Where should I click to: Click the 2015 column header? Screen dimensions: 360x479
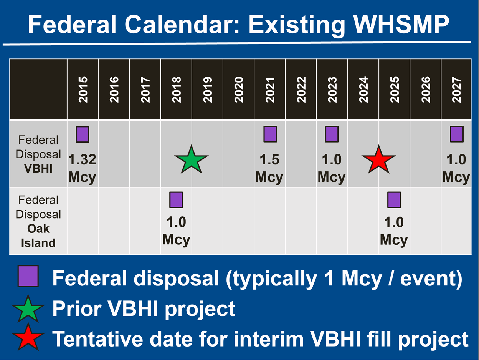pyautogui.click(x=83, y=90)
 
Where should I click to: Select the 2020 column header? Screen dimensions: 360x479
pyautogui.click(x=239, y=90)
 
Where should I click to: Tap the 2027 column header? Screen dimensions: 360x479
pyautogui.click(x=456, y=90)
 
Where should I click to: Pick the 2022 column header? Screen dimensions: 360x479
pyautogui.click(x=301, y=90)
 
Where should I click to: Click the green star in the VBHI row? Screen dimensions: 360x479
pyautogui.click(x=191, y=159)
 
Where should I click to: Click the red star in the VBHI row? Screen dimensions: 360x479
pyautogui.click(x=378, y=160)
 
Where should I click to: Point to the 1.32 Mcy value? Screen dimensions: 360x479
pyautogui.click(x=82, y=168)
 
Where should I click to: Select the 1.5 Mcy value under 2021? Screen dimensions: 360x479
pyautogui.click(x=269, y=168)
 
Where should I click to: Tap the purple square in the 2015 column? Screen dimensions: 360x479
pyautogui.click(x=83, y=134)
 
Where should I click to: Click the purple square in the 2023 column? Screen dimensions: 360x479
pyautogui.click(x=332, y=134)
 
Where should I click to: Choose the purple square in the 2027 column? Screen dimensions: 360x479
pyautogui.click(x=457, y=134)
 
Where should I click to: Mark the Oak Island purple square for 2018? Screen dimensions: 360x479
pyautogui.click(x=176, y=200)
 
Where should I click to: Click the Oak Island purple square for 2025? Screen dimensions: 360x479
pyautogui.click(x=394, y=200)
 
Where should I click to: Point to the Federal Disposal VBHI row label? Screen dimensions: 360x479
pyautogui.click(x=38, y=154)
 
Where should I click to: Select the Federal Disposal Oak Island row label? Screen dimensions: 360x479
pyautogui.click(x=38, y=221)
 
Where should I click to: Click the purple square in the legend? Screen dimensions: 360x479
pyautogui.click(x=28, y=276)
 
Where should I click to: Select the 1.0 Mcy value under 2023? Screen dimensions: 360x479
pyautogui.click(x=332, y=168)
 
